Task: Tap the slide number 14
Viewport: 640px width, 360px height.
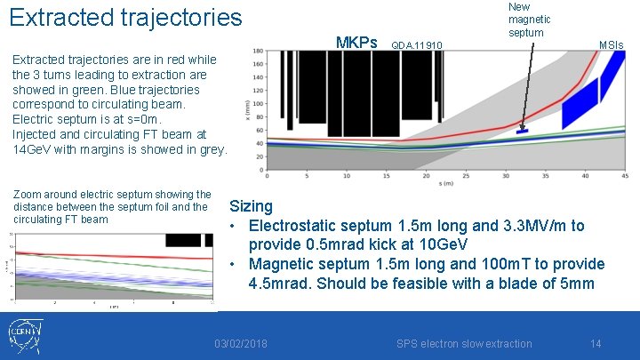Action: pos(596,343)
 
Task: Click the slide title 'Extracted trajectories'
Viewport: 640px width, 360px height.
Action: pos(125,17)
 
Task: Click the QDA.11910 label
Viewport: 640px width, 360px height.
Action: pos(417,44)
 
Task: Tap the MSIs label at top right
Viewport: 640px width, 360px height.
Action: pos(611,44)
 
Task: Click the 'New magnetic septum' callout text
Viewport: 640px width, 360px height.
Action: pos(529,20)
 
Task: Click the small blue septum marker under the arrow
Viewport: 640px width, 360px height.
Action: pos(523,132)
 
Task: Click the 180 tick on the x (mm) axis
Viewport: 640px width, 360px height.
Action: pos(257,52)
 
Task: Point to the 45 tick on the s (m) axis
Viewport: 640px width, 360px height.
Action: pos(625,174)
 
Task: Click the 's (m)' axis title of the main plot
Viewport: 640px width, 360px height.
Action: pos(445,182)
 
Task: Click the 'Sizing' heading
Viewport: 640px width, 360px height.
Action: pos(251,206)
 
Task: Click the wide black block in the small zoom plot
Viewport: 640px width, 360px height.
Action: pos(184,240)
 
